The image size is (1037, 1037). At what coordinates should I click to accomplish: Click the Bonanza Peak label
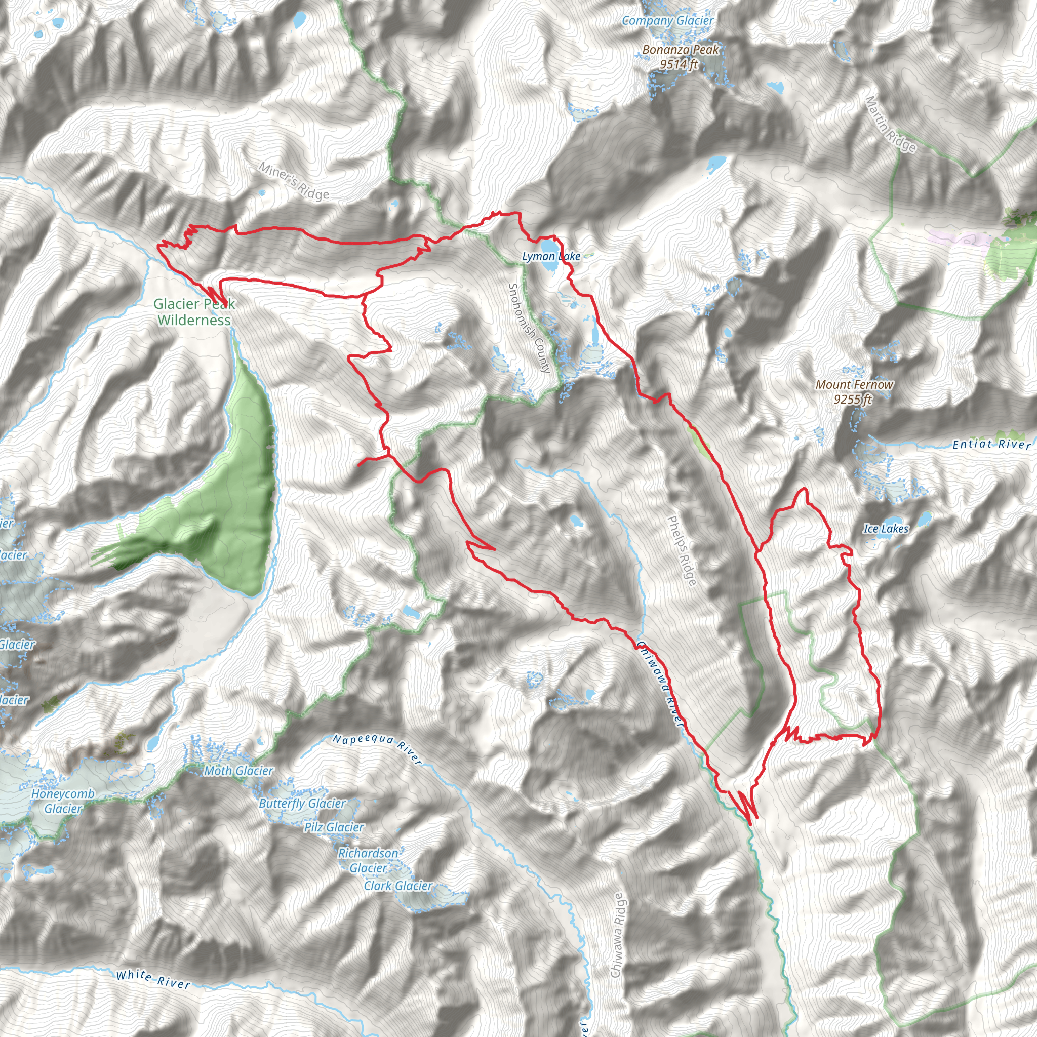[680, 50]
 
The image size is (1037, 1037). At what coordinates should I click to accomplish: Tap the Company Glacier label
[668, 21]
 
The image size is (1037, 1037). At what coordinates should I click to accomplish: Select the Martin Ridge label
[891, 124]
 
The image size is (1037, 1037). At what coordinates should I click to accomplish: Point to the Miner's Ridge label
[294, 181]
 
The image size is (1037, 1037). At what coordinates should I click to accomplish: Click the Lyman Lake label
[551, 257]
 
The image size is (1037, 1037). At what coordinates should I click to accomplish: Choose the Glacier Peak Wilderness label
[194, 312]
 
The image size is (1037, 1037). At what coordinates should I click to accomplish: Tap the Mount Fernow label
[854, 384]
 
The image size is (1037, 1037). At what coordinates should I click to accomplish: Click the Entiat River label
[991, 444]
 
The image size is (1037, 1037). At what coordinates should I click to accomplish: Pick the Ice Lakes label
[886, 529]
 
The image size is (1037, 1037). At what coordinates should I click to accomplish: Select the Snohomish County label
[529, 328]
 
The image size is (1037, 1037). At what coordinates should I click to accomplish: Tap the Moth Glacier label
[239, 771]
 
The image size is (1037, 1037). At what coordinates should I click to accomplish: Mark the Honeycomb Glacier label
[63, 801]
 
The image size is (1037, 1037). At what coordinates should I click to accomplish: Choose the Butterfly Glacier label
[302, 804]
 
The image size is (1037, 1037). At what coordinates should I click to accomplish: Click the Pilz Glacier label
[334, 827]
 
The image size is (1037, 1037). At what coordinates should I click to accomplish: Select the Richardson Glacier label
[368, 860]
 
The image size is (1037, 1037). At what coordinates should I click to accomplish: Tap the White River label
[153, 979]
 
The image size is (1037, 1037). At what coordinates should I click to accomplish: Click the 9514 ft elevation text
[679, 64]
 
